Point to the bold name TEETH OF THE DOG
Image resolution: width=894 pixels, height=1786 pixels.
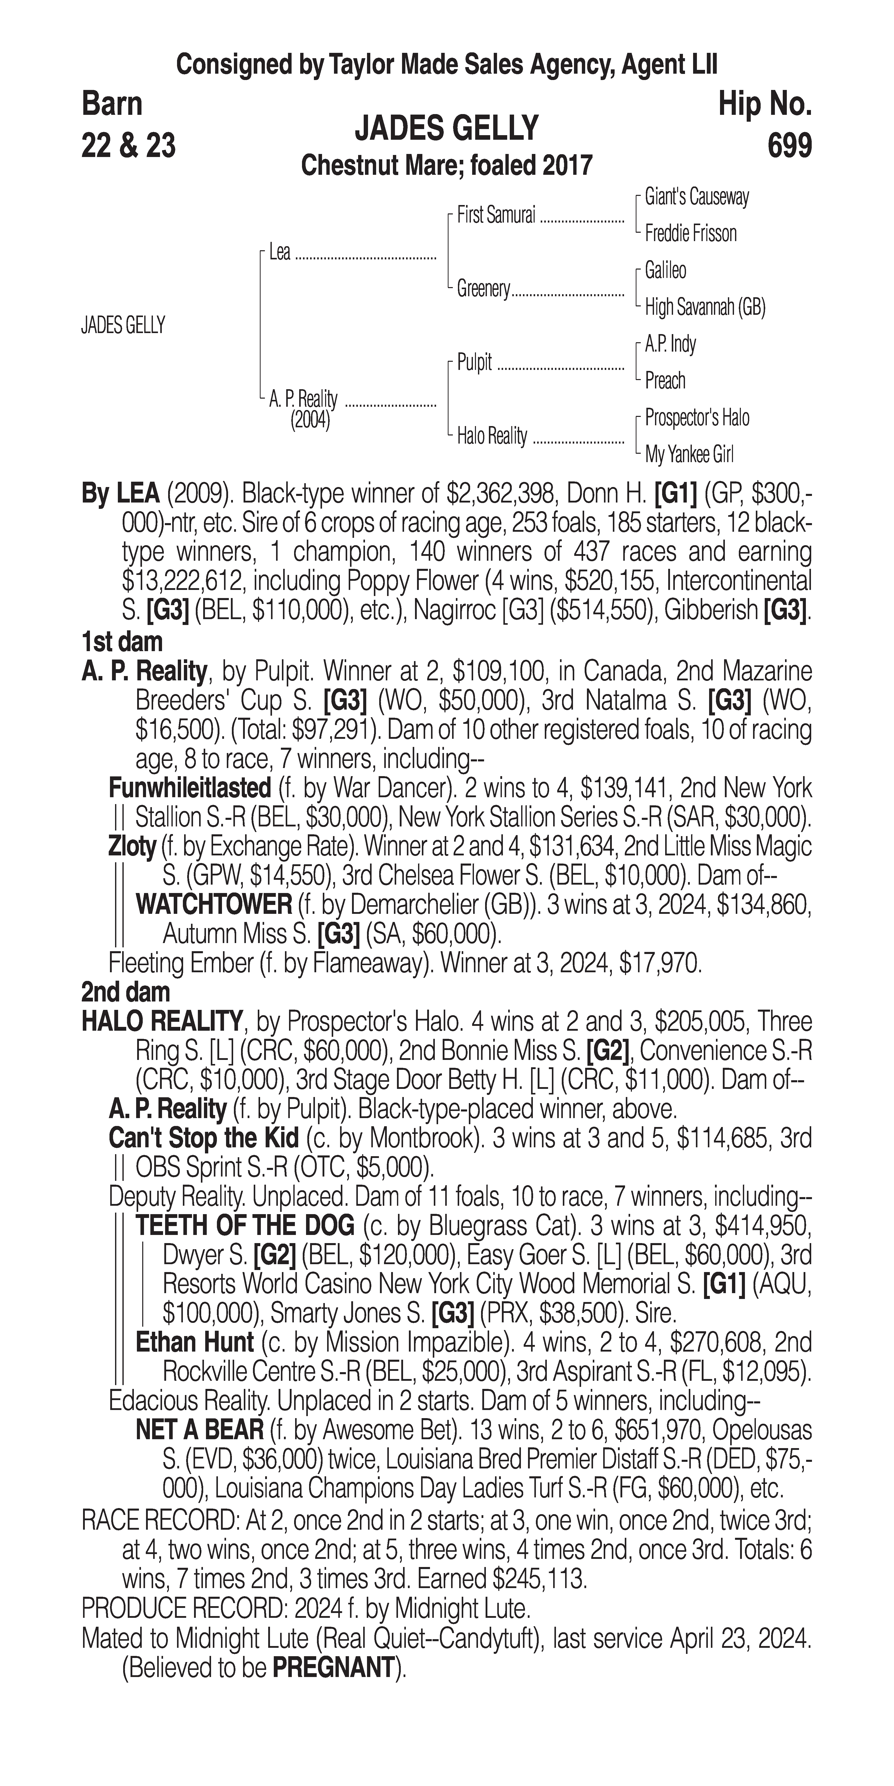pyautogui.click(x=245, y=1226)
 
